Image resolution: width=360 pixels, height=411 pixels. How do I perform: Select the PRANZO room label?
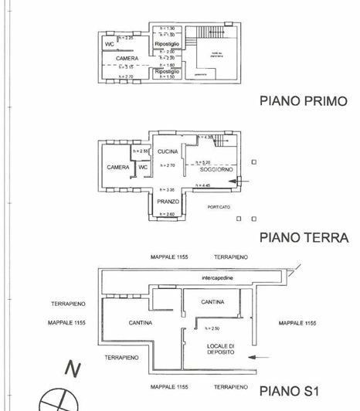pyautogui.click(x=168, y=201)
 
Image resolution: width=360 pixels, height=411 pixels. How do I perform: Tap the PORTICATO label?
pyautogui.click(x=219, y=207)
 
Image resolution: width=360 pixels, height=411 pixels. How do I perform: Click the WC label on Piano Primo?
pyautogui.click(x=110, y=45)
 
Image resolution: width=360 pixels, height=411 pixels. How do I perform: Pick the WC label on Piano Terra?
pyautogui.click(x=143, y=167)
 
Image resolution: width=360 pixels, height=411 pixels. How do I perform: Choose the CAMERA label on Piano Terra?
pyautogui.click(x=118, y=167)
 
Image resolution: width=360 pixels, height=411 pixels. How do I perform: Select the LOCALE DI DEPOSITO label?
pyautogui.click(x=220, y=349)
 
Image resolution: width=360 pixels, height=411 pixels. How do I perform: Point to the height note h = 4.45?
pyautogui.click(x=204, y=185)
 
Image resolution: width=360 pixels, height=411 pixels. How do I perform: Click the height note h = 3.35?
pyautogui.click(x=168, y=189)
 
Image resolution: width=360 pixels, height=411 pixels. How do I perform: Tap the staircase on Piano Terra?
pyautogui.click(x=222, y=143)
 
